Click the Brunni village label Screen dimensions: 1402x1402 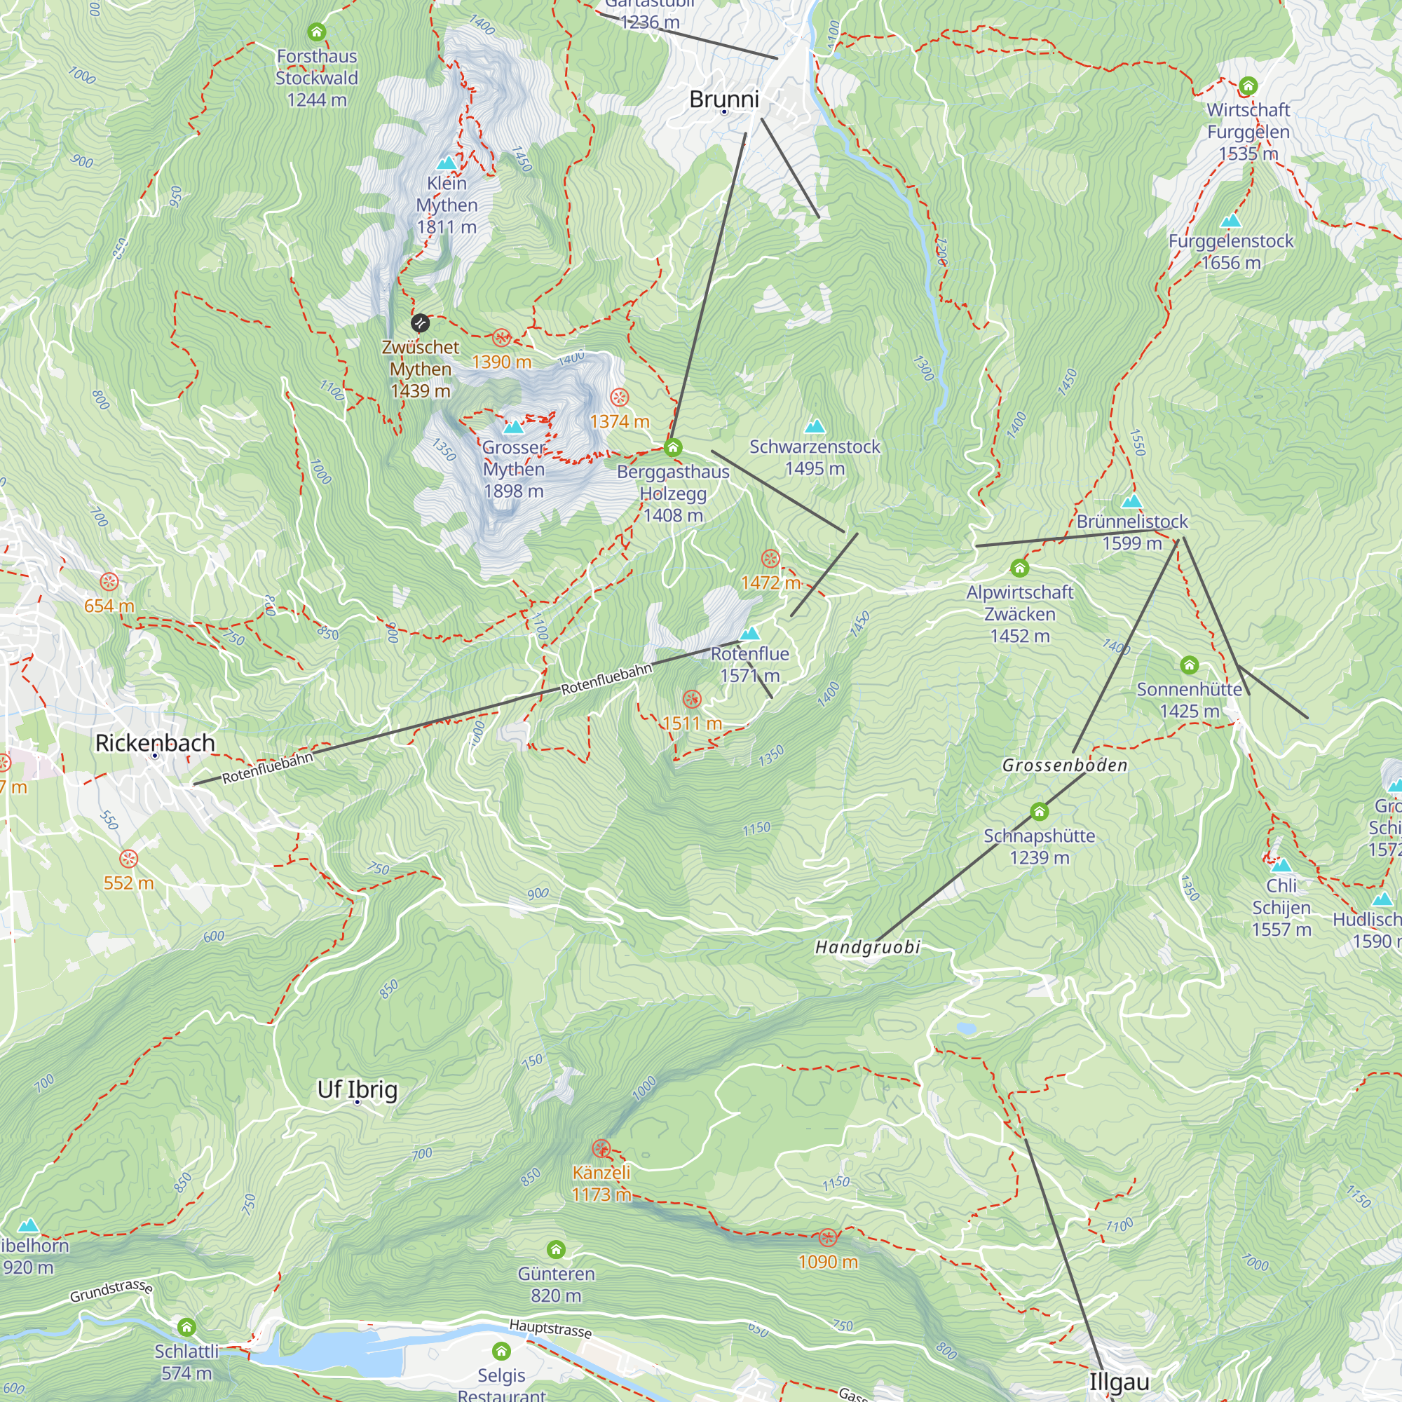tap(723, 100)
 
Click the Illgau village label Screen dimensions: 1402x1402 tap(1118, 1381)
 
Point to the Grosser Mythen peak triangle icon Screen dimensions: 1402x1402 tap(513, 427)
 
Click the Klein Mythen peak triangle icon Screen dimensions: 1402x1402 tap(447, 163)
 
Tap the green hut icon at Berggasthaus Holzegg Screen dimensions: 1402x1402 tap(673, 447)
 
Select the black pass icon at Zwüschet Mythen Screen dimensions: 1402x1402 tap(419, 323)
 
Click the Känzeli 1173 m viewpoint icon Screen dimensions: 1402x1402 tap(601, 1149)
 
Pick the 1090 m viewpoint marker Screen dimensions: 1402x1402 tap(827, 1238)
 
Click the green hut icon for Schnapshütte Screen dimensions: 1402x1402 tap(1038, 811)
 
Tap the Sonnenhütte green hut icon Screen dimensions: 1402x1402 tap(1189, 665)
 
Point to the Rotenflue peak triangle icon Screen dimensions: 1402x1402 tap(749, 634)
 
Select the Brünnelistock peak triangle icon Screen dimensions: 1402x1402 tap(1131, 501)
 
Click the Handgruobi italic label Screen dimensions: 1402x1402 tap(867, 947)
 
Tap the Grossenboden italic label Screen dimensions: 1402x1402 tap(1064, 765)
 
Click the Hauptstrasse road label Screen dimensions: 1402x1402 tap(550, 1328)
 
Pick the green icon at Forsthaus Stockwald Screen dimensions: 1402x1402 tap(316, 32)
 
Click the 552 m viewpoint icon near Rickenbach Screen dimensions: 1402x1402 tap(128, 859)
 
